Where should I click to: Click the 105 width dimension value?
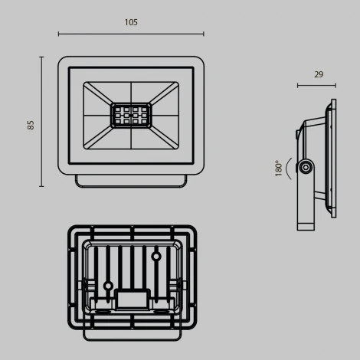pyautogui.click(x=131, y=23)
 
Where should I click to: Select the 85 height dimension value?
pyautogui.click(x=31, y=123)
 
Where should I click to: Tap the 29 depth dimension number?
pyautogui.click(x=318, y=74)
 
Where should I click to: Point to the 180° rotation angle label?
pyautogui.click(x=280, y=168)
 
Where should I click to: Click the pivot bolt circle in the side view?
pyautogui.click(x=306, y=167)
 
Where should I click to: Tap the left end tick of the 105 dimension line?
pyautogui.click(x=58, y=34)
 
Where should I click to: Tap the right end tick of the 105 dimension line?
pyautogui.click(x=204, y=34)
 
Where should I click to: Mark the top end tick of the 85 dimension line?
pyautogui.click(x=41, y=57)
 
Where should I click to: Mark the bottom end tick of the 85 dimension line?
pyautogui.click(x=41, y=186)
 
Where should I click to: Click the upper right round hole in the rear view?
pyautogui.click(x=156, y=257)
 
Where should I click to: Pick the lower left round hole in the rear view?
pyautogui.click(x=108, y=286)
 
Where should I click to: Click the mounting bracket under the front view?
pyautogui.click(x=130, y=179)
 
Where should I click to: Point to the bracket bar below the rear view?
pyautogui.click(x=131, y=335)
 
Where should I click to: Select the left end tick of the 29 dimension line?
pyautogui.click(x=298, y=86)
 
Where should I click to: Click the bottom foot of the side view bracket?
pyautogui.click(x=306, y=224)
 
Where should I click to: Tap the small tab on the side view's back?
pyautogui.click(x=298, y=134)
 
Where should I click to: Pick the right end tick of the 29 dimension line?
pyautogui.click(x=335, y=86)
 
